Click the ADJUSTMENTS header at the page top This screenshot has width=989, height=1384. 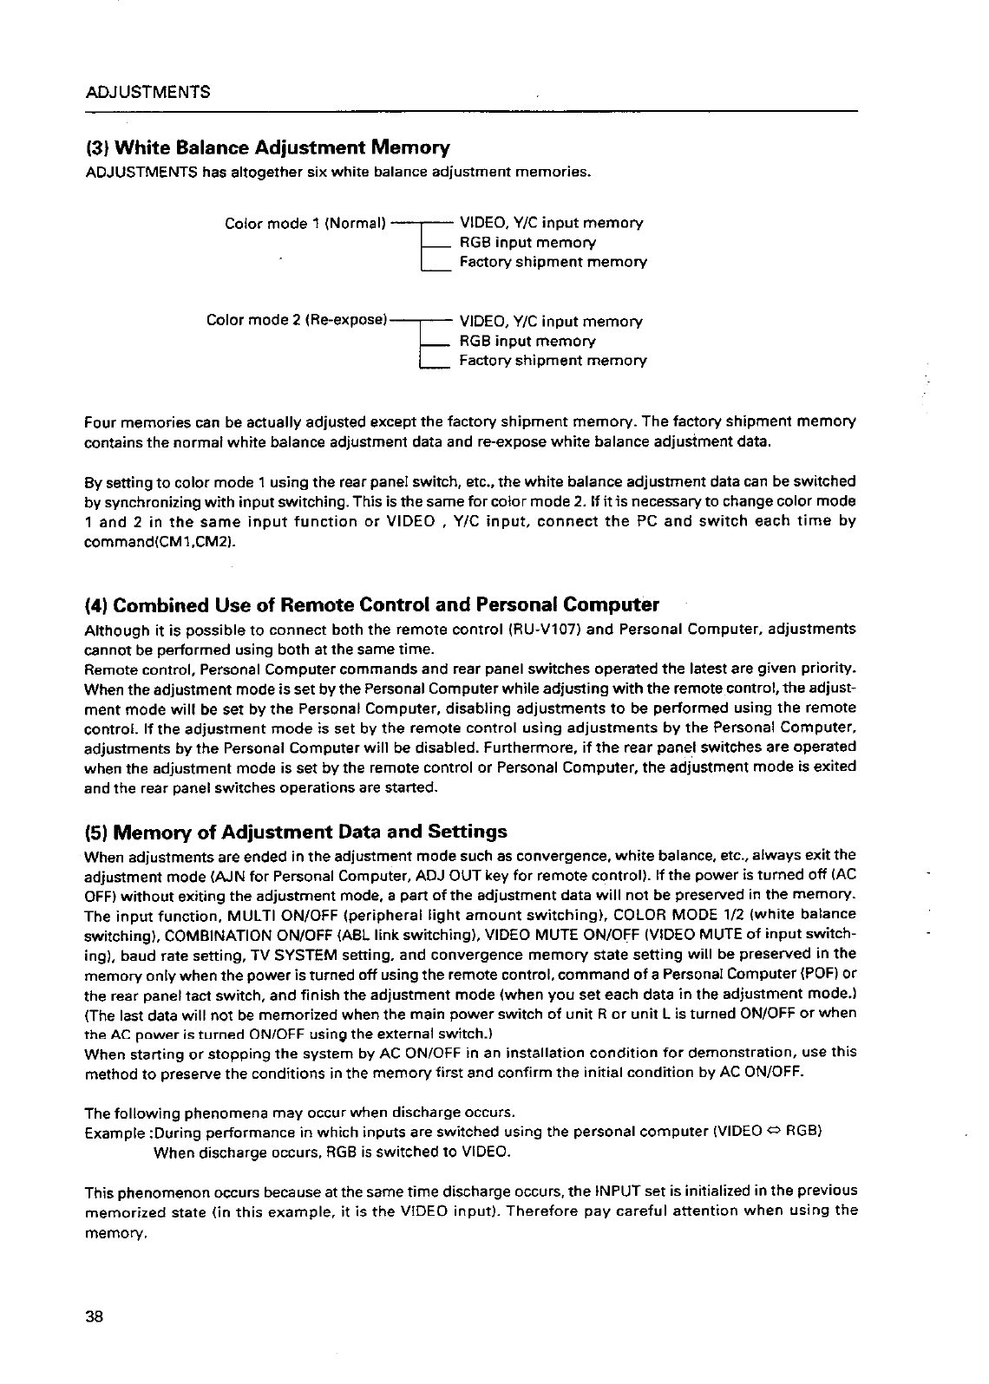pyautogui.click(x=147, y=91)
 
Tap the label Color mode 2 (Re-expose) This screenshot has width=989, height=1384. pyautogui.click(x=296, y=321)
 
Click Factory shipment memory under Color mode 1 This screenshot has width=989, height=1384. pyautogui.click(x=553, y=262)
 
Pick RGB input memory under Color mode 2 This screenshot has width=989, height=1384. pyautogui.click(x=527, y=341)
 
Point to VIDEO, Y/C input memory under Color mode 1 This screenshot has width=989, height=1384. pyautogui.click(x=551, y=224)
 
